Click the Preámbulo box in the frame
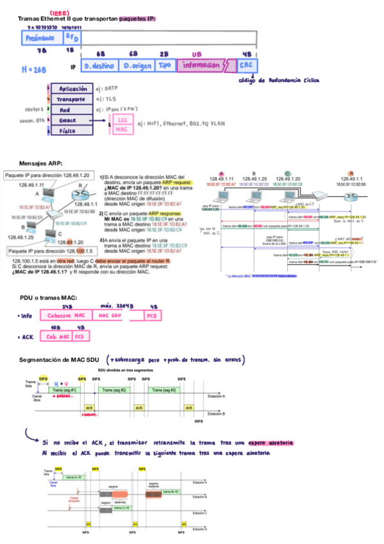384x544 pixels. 42,38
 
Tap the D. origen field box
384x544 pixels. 138,65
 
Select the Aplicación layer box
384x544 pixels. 72,89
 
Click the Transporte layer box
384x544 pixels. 72,99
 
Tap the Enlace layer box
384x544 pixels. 72,120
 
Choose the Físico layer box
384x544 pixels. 72,130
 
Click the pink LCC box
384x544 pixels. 122,120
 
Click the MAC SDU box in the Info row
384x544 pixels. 112,316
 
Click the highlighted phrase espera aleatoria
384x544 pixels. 271,443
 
